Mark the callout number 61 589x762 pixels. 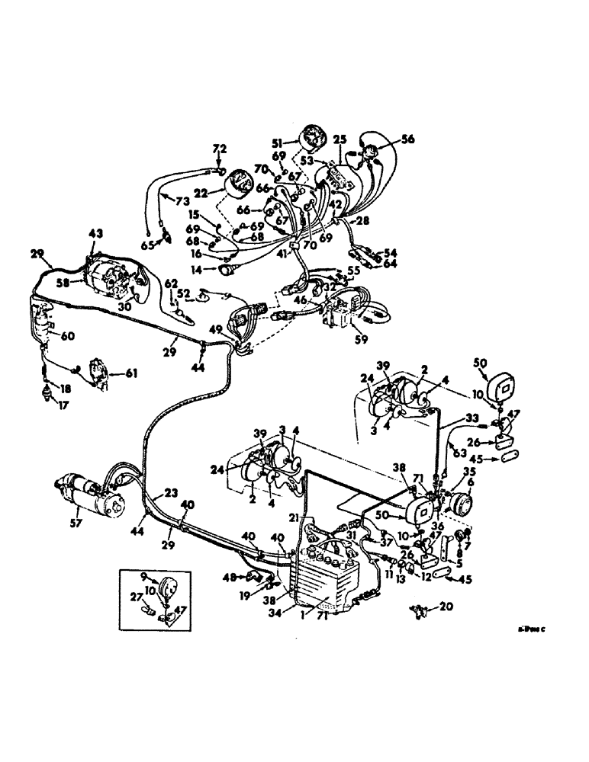click(x=133, y=373)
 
